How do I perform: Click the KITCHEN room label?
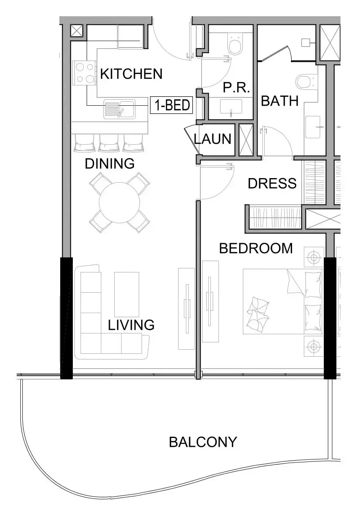coord(131,74)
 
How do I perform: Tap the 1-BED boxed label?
coord(172,105)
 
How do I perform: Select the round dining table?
coord(119,202)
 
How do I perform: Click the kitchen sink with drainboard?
coord(119,109)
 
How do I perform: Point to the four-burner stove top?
coord(85,73)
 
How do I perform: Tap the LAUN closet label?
coord(212,139)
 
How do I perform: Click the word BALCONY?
coord(203,442)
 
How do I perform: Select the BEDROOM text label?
coord(256,248)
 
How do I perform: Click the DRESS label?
coord(272,183)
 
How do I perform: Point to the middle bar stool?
coord(109,143)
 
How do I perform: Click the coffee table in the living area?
coord(127,294)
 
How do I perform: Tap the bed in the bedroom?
coord(283,301)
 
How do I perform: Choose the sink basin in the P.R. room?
coord(231,107)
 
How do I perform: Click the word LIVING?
coord(131,325)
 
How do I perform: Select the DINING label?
coord(110,163)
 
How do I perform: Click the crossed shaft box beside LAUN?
coord(246,140)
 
